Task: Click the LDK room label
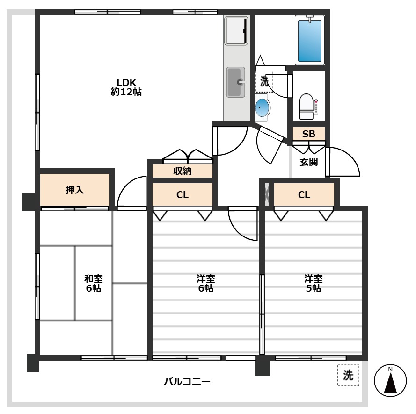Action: (x=126, y=87)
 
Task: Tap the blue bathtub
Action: (x=310, y=40)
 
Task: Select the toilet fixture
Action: (x=307, y=107)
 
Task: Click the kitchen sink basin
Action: (x=235, y=82)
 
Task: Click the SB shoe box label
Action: (x=308, y=134)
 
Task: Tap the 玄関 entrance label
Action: (x=308, y=162)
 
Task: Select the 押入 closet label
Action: (x=74, y=190)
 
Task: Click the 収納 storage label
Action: (x=182, y=171)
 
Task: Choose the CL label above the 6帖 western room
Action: (x=182, y=195)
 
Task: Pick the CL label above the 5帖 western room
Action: (x=304, y=195)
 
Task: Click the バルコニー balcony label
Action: (x=187, y=381)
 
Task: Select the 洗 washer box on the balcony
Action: (x=348, y=375)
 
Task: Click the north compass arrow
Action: (x=390, y=380)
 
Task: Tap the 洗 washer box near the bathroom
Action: (x=264, y=82)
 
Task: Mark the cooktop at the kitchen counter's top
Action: (x=236, y=30)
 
